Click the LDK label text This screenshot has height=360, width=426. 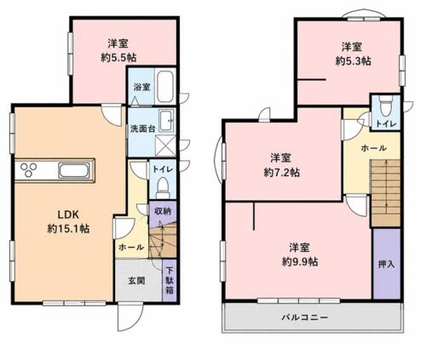[x=68, y=214]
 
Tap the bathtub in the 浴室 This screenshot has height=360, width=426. [x=165, y=86]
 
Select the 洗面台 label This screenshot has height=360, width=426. [x=142, y=129]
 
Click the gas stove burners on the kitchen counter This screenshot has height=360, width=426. [x=28, y=169]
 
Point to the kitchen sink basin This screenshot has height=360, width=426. [x=74, y=171]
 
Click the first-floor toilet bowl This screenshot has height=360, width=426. [x=163, y=186]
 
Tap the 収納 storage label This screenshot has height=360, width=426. [x=163, y=211]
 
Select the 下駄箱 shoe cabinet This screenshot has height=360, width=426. [x=170, y=280]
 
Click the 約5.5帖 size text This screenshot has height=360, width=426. [x=118, y=58]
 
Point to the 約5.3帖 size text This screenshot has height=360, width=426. [x=353, y=61]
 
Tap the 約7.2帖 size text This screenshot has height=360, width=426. [x=282, y=172]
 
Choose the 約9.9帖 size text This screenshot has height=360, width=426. [x=300, y=262]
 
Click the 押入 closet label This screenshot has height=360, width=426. [x=387, y=264]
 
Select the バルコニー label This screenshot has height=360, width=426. [x=305, y=317]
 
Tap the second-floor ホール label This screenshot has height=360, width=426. [x=374, y=148]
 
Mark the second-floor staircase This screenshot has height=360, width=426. [x=385, y=193]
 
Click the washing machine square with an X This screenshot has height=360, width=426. [x=165, y=146]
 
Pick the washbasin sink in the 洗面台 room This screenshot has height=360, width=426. [x=167, y=121]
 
